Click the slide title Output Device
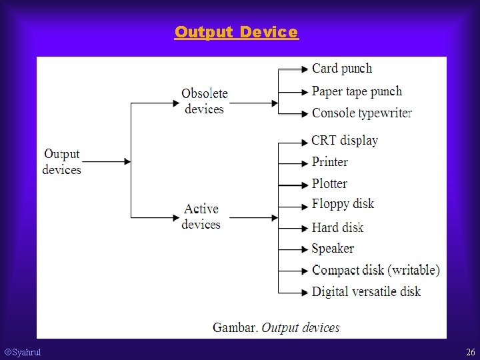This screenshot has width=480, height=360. (237, 32)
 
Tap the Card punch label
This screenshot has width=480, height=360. (342, 69)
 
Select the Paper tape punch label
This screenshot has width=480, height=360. (357, 91)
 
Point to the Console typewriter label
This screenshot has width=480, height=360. (362, 113)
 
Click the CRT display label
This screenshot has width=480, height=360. (345, 140)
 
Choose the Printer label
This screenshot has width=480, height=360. (330, 162)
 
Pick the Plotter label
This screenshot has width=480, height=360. (329, 183)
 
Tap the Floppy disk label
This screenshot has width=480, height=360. (343, 204)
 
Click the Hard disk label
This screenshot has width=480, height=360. (337, 227)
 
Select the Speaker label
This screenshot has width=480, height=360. (333, 249)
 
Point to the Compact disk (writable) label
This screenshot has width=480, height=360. (376, 270)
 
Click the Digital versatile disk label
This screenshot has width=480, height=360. (366, 291)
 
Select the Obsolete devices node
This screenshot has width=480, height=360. (205, 101)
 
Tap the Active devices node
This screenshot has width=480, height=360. (201, 217)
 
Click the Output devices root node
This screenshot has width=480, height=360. (62, 161)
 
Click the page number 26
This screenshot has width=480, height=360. (471, 352)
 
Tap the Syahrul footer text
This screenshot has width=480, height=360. (23, 352)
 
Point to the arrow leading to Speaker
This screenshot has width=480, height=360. (293, 249)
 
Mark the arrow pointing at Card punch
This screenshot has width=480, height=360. (294, 69)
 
